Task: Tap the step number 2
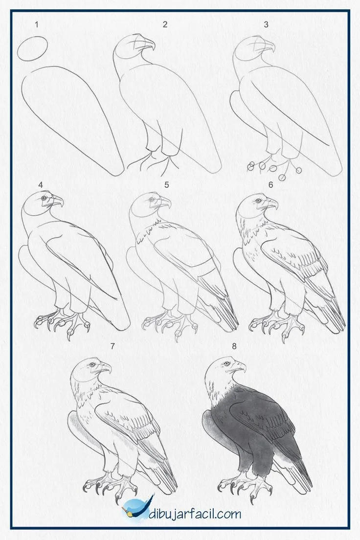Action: pos(165,24)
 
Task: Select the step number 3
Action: pos(266,24)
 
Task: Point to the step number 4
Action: pos(41,185)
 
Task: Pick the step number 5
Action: pos(167,185)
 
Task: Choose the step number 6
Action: pos(270,185)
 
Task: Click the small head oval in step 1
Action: pos(32,49)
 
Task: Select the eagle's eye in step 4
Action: pos(45,198)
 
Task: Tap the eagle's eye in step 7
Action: pos(91,364)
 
